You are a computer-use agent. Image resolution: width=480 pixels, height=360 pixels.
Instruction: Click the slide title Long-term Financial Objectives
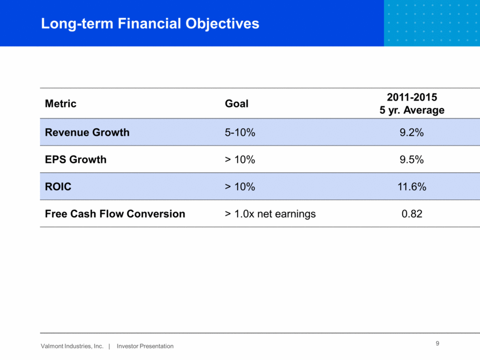point(150,24)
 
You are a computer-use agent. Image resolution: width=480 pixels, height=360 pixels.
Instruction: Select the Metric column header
point(61,103)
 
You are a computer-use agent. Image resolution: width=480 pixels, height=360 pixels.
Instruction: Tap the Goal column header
point(237,103)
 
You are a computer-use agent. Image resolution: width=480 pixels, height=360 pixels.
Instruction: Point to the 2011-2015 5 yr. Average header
point(412,103)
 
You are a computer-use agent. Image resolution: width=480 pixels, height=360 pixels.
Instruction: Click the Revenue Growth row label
point(87,132)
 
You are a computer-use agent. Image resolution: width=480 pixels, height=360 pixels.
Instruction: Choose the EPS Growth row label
point(76,159)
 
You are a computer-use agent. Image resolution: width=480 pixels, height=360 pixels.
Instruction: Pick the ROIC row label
point(58,187)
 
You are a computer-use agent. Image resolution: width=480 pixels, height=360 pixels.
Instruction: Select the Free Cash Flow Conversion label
point(115,214)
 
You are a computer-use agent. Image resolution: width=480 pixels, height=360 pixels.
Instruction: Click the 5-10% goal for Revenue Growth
point(240,132)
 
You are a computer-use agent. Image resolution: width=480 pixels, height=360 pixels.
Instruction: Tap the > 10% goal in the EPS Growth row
point(240,159)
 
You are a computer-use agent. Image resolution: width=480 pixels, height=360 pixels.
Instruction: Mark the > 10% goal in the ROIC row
point(240,187)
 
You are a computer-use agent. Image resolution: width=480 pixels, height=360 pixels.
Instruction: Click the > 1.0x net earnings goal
point(270,214)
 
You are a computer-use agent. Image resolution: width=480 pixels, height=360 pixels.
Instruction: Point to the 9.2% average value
point(412,132)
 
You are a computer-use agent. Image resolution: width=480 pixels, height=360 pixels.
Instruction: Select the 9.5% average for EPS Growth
point(412,159)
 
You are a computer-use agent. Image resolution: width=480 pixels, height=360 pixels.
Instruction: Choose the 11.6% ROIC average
point(412,187)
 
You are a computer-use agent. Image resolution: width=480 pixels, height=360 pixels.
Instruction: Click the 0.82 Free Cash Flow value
point(412,214)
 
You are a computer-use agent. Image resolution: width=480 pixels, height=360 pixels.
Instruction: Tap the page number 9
point(437,343)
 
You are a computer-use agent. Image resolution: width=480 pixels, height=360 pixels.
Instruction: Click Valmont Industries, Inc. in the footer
point(72,346)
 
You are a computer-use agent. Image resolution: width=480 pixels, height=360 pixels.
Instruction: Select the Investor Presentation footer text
point(145,346)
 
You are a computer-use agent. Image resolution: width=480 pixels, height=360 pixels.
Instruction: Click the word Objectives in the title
point(223,24)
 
